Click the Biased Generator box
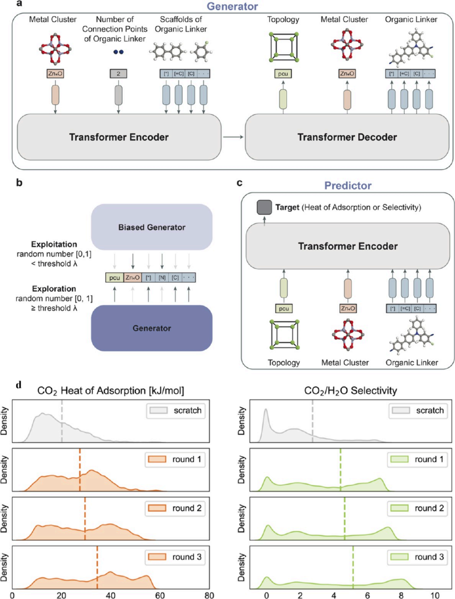click(152, 227)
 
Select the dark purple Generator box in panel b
click(152, 328)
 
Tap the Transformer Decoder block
click(347, 137)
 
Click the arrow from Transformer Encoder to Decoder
click(233, 137)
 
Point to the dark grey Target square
click(264, 207)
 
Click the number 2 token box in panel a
click(118, 74)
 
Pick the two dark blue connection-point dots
click(118, 52)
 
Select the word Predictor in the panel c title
click(348, 185)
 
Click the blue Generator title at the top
click(232, 6)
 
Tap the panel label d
click(19, 385)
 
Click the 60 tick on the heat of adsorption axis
click(160, 595)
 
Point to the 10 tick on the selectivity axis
click(435, 595)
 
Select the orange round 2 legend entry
click(175, 508)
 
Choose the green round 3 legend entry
click(417, 557)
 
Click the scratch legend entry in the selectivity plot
click(418, 410)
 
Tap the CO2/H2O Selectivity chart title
click(351, 391)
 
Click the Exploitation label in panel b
click(54, 244)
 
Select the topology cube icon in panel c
click(284, 335)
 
